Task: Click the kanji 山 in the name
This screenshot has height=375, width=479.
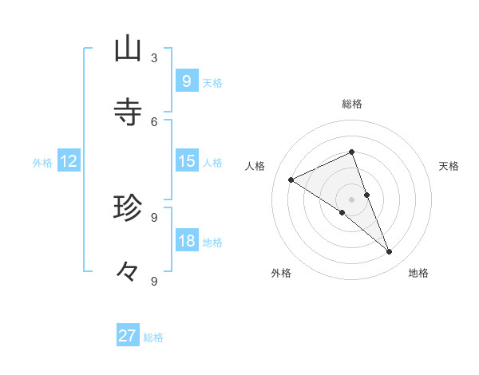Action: [x=128, y=49]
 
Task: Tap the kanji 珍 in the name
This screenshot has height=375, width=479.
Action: [x=128, y=208]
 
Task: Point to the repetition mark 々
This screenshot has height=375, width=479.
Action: [x=128, y=272]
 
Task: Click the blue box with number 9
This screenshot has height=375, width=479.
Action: [x=186, y=81]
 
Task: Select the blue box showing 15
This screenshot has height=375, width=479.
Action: [x=186, y=161]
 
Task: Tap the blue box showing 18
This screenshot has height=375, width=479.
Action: [x=186, y=241]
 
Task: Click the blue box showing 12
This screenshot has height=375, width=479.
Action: [x=69, y=162]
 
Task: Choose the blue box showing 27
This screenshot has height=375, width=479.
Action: [x=128, y=336]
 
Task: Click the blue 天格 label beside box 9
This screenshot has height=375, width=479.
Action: [x=212, y=83]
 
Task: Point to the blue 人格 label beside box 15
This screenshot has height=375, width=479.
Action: [x=212, y=163]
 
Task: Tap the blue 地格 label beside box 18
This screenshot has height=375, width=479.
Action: [x=212, y=243]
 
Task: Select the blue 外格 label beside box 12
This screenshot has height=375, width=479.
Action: [x=42, y=163]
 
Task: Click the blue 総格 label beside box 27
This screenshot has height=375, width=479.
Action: [x=153, y=337]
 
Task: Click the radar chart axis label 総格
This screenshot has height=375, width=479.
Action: [x=351, y=104]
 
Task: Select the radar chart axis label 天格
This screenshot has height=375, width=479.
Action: [x=449, y=166]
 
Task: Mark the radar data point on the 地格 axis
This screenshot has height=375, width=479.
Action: [x=390, y=252]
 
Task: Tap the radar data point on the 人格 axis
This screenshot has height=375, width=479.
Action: [x=291, y=180]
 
